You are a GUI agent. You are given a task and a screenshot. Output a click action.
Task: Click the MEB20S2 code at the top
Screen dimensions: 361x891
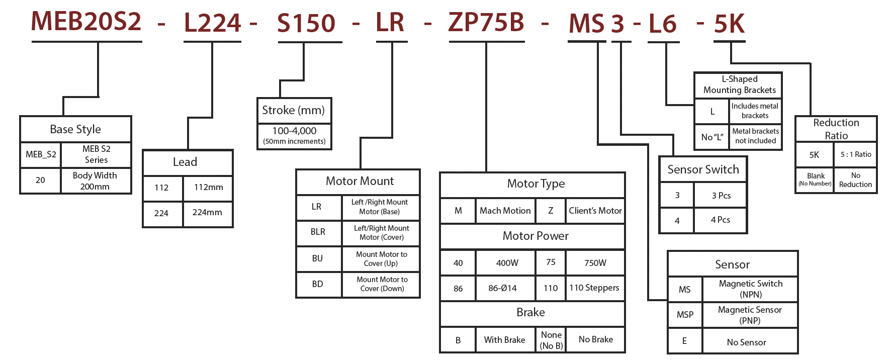pos(86,21)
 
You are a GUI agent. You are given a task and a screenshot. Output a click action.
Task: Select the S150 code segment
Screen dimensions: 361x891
pos(306,23)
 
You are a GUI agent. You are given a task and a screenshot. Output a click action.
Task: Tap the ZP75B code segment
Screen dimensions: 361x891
pos(486,22)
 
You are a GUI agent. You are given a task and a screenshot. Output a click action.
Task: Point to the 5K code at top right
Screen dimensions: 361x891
pos(729,24)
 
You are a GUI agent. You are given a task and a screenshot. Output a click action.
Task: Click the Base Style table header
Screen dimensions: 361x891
pos(75,129)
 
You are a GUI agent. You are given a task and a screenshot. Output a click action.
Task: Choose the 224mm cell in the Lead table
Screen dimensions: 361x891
pos(207,213)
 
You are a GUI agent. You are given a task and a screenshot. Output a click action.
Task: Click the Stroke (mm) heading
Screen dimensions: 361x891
pos(294,110)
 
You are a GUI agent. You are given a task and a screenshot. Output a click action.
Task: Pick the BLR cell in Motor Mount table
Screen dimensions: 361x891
pos(318,232)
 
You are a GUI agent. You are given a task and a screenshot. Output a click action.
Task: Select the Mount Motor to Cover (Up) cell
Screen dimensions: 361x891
pos(381,259)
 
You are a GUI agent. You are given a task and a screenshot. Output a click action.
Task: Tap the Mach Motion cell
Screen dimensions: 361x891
pos(505,211)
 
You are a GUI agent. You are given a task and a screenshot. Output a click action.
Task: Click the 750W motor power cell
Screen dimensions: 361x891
pos(595,263)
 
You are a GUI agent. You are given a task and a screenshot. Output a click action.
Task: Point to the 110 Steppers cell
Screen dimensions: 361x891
pos(594,288)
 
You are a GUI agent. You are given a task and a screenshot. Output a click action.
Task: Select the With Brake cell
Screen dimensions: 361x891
pos(504,340)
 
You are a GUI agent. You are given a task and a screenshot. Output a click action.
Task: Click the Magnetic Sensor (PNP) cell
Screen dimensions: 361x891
pos(750,315)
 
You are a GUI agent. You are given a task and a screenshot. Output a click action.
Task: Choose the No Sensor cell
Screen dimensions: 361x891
pos(746,342)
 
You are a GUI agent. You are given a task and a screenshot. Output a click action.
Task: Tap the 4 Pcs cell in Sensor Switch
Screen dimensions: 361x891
pos(720,220)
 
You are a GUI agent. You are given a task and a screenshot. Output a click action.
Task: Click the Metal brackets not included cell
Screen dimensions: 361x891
pos(755,136)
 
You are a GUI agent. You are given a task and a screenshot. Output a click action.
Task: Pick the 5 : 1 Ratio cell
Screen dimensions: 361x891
pos(855,155)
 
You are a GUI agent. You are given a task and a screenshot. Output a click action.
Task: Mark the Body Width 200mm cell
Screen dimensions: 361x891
pos(95,181)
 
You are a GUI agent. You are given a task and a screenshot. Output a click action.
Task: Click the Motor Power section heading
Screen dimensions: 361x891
pos(535,236)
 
